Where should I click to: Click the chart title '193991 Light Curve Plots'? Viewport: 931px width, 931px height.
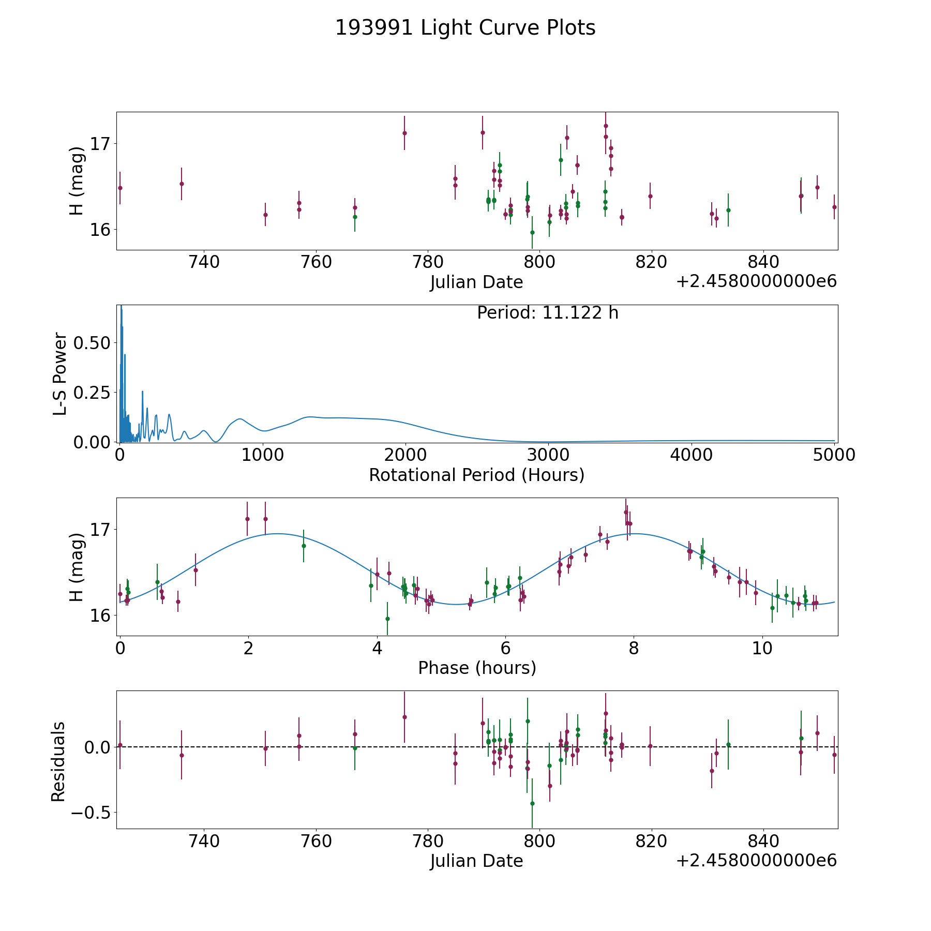pyautogui.click(x=465, y=28)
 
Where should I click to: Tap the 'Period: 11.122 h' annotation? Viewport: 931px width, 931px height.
pyautogui.click(x=548, y=313)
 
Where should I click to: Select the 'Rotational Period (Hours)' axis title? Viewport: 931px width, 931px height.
pyautogui.click(x=476, y=475)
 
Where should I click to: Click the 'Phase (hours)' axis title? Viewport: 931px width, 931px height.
pyautogui.click(x=477, y=668)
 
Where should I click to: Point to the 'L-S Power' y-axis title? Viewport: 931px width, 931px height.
pyautogui.click(x=60, y=374)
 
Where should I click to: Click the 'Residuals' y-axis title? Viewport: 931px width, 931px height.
pyautogui.click(x=58, y=761)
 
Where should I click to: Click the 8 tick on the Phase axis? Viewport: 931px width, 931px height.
pyautogui.click(x=634, y=649)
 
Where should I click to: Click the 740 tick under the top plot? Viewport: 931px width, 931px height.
pyautogui.click(x=204, y=262)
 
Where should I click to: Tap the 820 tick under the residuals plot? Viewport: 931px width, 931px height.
pyautogui.click(x=652, y=841)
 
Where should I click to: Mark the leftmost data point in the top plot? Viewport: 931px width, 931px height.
pyautogui.click(x=120, y=188)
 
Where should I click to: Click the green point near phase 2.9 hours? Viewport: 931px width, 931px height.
pyautogui.click(x=304, y=546)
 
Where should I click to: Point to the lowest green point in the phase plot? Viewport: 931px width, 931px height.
pyautogui.click(x=387, y=619)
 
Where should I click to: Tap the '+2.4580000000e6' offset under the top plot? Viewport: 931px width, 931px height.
pyautogui.click(x=756, y=282)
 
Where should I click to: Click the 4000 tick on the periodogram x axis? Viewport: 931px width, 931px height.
pyautogui.click(x=691, y=455)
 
